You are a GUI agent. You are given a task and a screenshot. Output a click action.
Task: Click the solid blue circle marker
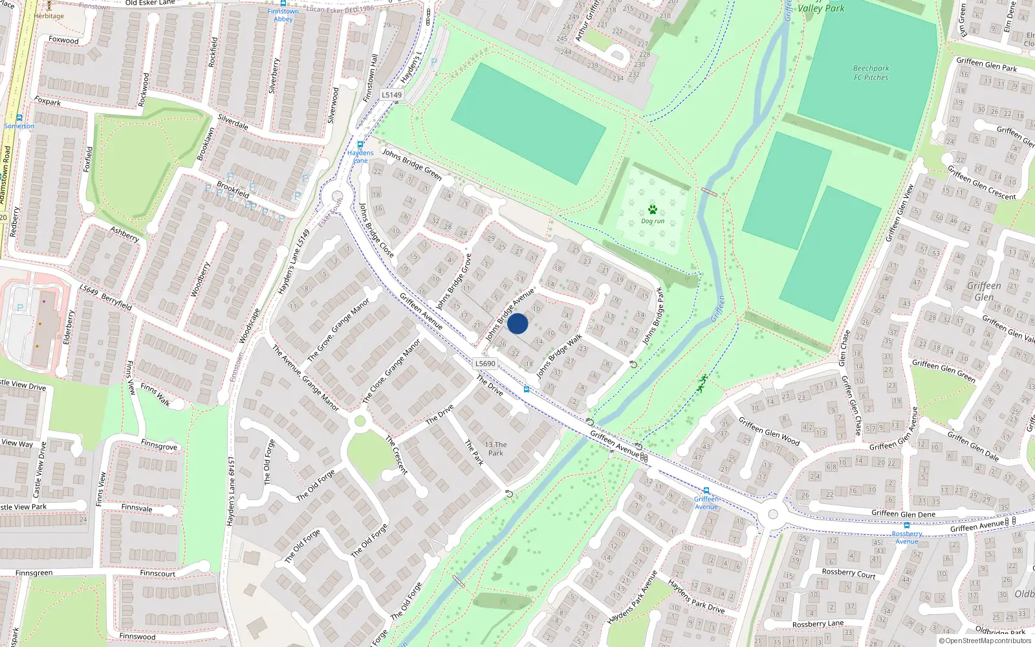click(x=517, y=323)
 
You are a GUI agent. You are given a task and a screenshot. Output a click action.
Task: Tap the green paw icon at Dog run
click(x=652, y=210)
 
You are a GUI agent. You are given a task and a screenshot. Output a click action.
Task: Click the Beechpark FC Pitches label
click(x=871, y=73)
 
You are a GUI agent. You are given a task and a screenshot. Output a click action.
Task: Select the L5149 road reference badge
click(x=391, y=95)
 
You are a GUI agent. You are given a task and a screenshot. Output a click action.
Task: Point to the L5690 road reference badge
click(x=485, y=364)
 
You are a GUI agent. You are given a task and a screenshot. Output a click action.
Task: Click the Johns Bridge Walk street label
click(x=560, y=356)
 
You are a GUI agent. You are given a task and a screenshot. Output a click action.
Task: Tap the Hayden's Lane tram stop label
click(x=360, y=157)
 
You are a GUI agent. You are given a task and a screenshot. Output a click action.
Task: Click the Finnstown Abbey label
click(x=283, y=15)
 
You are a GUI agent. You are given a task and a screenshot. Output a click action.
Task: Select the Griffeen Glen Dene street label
click(x=903, y=514)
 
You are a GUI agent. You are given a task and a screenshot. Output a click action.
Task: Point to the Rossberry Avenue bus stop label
click(x=907, y=538)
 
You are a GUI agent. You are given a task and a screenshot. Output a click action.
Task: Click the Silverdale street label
click(x=233, y=122)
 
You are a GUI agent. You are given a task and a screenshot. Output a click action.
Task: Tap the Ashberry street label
click(x=124, y=234)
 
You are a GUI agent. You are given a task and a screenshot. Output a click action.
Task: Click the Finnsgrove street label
click(x=158, y=446)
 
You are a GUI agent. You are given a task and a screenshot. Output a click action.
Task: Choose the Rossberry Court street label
click(x=848, y=573)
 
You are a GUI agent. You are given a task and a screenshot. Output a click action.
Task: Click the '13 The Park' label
click(x=496, y=448)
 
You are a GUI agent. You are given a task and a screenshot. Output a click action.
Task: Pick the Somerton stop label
click(x=19, y=126)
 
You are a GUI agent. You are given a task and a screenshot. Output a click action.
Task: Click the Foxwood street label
click(x=63, y=40)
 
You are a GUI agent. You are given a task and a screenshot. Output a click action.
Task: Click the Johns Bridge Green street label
click(x=412, y=164)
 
